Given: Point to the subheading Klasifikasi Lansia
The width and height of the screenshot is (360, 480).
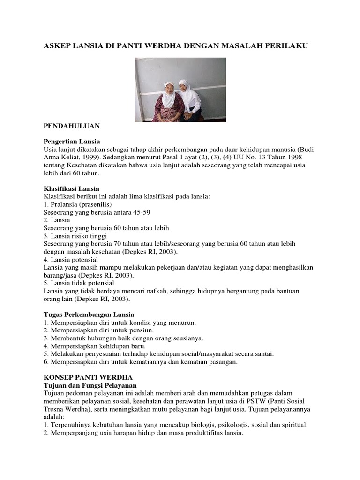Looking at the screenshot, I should coord(71,188).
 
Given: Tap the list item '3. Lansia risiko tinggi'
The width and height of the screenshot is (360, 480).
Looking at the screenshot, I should coord(75,236).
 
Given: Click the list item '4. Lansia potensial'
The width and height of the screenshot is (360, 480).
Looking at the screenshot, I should coord(70,259).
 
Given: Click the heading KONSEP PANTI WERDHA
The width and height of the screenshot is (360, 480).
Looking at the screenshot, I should coord(88,377).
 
